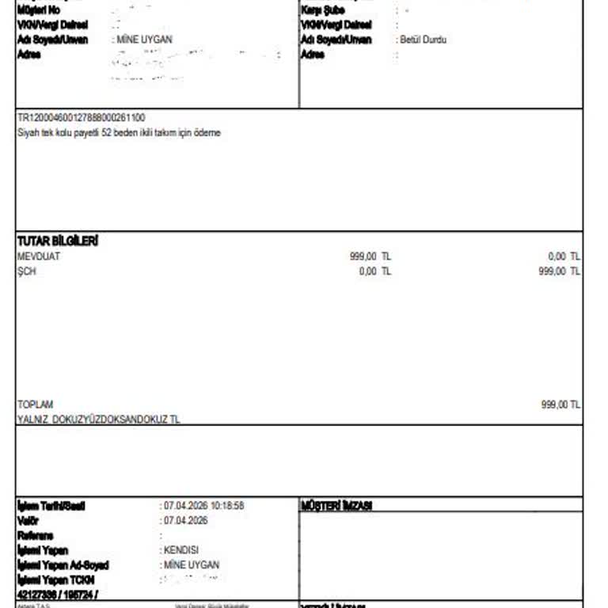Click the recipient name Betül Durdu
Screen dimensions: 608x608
424,40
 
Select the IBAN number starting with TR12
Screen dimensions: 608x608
81,118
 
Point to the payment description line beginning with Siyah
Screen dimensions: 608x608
119,132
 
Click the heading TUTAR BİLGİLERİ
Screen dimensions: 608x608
58,241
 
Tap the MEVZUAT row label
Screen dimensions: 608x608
39,256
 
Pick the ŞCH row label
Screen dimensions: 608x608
27,271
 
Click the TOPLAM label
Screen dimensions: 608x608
36,404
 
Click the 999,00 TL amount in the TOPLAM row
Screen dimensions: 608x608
560,404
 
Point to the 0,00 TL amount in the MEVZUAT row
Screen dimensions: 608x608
564,256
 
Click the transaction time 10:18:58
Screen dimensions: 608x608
227,506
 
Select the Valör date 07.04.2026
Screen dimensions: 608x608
185,520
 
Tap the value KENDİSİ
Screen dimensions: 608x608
181,549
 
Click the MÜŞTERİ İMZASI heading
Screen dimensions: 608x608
337,506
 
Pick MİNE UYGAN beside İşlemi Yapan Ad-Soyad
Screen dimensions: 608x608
191,564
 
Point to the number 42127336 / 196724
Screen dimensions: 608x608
57,594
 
